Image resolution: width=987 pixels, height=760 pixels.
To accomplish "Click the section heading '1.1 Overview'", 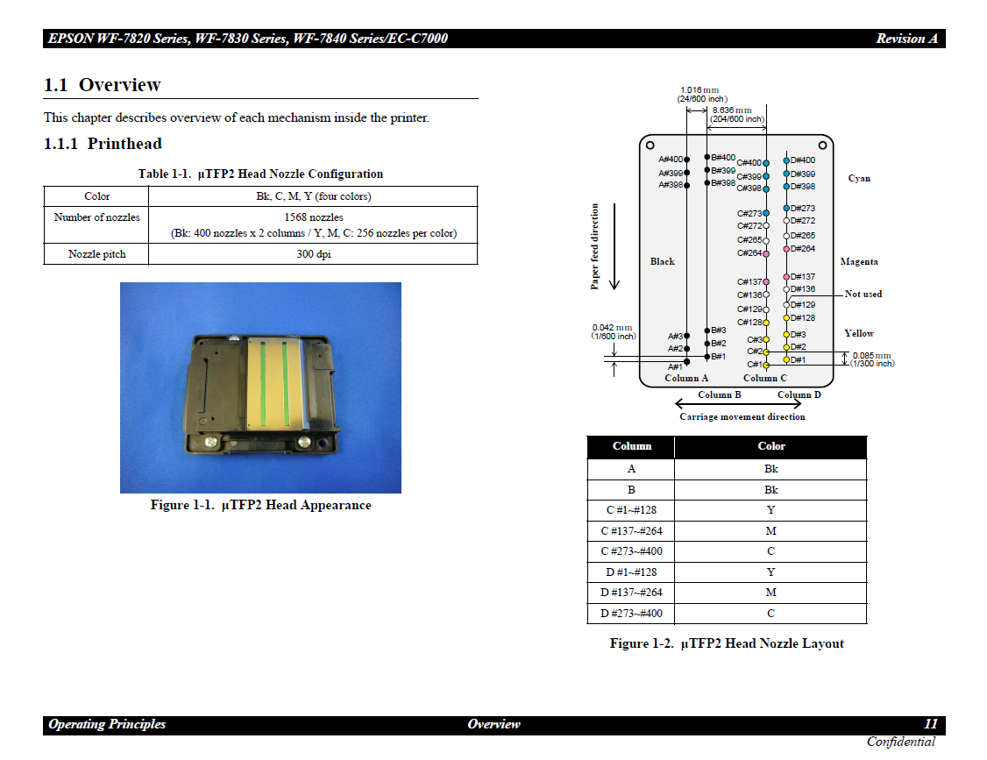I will [x=103, y=85].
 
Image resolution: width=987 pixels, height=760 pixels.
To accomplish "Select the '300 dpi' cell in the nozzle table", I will [x=313, y=254].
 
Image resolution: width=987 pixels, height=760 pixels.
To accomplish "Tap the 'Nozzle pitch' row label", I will [x=96, y=254].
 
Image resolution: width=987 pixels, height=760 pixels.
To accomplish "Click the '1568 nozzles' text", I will [x=313, y=217].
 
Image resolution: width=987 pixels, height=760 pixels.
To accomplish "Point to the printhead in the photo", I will [x=260, y=387].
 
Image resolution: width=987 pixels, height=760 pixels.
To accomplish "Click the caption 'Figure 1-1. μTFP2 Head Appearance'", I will [x=260, y=505].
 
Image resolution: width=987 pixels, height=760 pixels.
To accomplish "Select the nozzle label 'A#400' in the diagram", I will [x=671, y=160].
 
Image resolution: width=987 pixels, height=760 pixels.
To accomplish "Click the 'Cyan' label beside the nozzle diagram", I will [x=859, y=178].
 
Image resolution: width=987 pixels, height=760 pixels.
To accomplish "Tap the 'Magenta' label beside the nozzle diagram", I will [x=858, y=261].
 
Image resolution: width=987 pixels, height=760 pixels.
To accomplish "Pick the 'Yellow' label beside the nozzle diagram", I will [x=859, y=333].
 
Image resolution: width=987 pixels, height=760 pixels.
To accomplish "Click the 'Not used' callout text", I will [x=863, y=294].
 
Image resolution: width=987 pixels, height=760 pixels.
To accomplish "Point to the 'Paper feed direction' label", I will [x=595, y=246].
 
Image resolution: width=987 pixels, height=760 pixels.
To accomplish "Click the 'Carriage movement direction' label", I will [x=742, y=416].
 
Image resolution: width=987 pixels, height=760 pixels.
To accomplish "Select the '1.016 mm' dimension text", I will [x=699, y=89].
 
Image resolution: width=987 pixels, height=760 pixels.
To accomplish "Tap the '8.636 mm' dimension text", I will [x=732, y=110].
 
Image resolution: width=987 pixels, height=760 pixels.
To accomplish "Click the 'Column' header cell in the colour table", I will [x=631, y=446].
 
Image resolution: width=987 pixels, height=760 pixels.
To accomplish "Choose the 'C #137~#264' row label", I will [x=631, y=530].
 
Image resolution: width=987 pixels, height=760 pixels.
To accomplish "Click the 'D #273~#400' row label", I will [x=631, y=614].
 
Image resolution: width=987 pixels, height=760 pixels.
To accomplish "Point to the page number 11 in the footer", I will [x=930, y=724].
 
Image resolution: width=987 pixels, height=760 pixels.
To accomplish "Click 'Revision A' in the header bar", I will [x=906, y=39].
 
